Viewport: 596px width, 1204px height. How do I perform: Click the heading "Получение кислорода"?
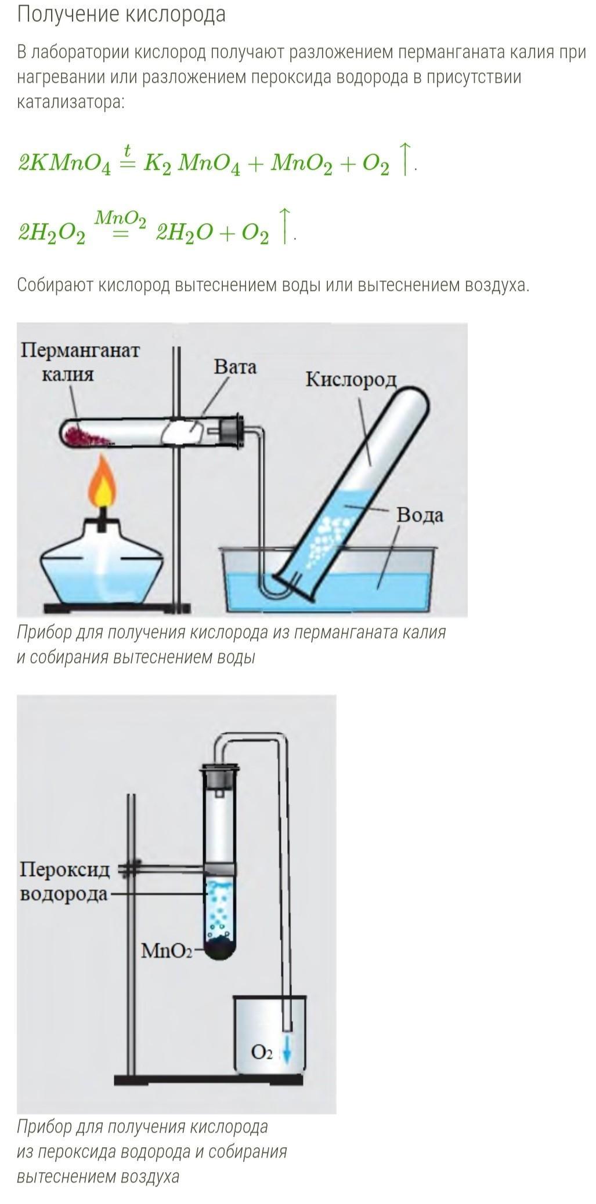[x=121, y=14]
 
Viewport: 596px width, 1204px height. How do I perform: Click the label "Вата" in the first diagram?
[x=234, y=367]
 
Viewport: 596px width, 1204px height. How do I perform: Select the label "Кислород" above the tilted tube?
[x=351, y=380]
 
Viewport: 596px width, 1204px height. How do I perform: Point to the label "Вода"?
[x=419, y=515]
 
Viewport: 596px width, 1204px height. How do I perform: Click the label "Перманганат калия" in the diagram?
[x=80, y=362]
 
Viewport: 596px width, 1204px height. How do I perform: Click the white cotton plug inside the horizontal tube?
[x=183, y=432]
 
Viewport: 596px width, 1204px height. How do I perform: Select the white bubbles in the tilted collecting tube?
[x=328, y=533]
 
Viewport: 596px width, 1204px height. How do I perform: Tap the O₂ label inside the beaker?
[x=262, y=1052]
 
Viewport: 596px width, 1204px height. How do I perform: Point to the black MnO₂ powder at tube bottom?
[x=221, y=949]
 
